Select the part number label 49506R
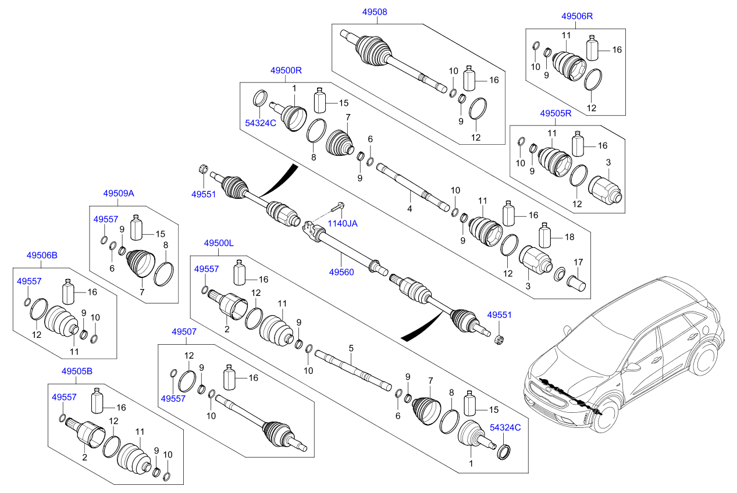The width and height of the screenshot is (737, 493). (576, 16)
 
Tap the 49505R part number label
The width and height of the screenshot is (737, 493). (555, 113)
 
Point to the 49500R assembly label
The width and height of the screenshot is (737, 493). (286, 70)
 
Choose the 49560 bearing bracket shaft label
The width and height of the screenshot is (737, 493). (341, 271)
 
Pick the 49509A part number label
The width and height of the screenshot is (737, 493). (119, 193)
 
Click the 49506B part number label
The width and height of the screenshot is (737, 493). (42, 255)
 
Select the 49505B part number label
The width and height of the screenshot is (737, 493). (77, 371)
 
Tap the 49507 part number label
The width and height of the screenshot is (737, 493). (184, 332)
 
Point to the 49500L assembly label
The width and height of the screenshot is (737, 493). (218, 242)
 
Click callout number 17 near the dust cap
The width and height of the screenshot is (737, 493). (578, 262)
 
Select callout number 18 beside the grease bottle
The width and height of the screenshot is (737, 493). (569, 237)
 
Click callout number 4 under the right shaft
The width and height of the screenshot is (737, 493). (410, 209)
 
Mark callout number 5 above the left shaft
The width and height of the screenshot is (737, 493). (351, 348)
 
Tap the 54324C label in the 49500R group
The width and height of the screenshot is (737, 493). (260, 123)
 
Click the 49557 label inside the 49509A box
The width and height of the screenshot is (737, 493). (106, 219)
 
